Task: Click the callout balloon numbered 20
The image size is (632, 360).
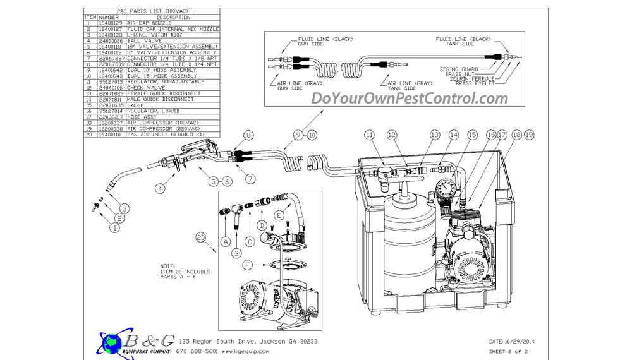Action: tap(201, 237)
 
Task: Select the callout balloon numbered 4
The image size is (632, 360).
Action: tap(161, 188)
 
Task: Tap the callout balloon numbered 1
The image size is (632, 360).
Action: tap(114, 228)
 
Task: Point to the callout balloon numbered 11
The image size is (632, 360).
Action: tap(370, 135)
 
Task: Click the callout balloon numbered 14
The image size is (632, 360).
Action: tap(453, 135)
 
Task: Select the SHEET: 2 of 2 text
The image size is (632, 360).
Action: tap(509, 351)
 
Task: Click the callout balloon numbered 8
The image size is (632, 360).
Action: tap(248, 135)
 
